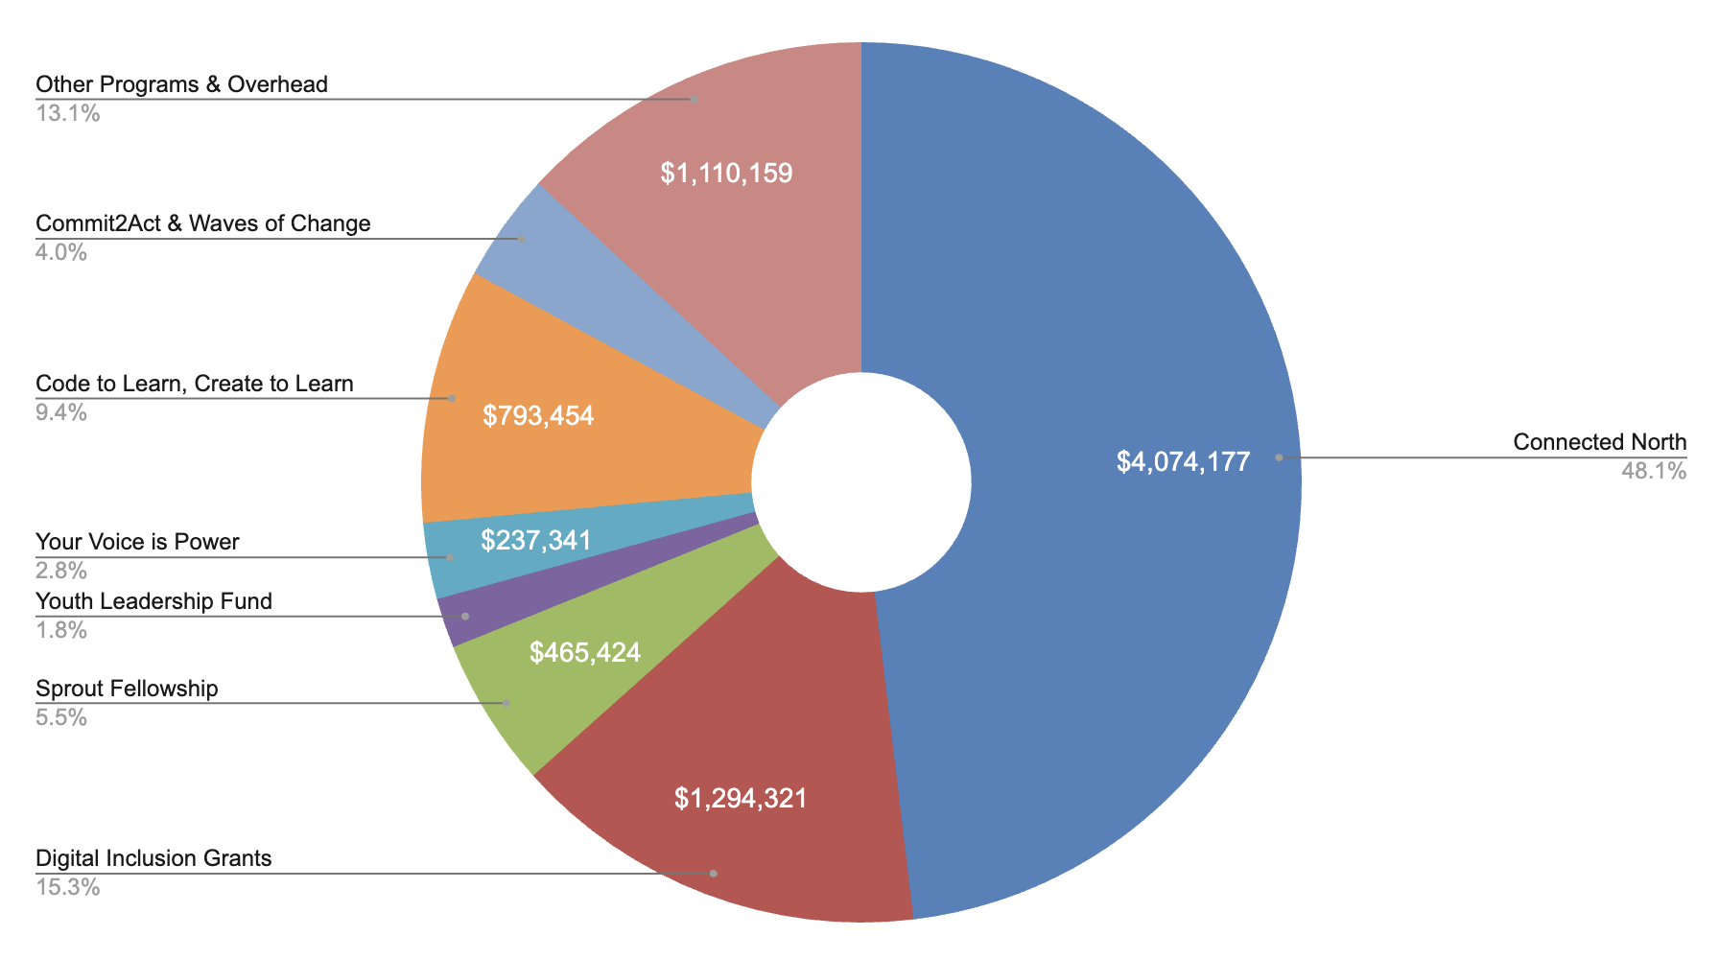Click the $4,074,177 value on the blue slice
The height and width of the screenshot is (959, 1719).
pyautogui.click(x=1183, y=462)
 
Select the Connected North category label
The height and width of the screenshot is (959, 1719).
pyautogui.click(x=1599, y=442)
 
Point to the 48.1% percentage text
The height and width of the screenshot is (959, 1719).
pyautogui.click(x=1653, y=471)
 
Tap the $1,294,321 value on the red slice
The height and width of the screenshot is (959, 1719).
pyautogui.click(x=741, y=798)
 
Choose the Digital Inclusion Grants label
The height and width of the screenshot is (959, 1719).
pyautogui.click(x=153, y=857)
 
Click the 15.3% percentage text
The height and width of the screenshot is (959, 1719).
pyautogui.click(x=67, y=887)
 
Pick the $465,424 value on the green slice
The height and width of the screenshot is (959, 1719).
pyautogui.click(x=585, y=653)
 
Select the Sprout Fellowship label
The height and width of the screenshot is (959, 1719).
pyautogui.click(x=127, y=689)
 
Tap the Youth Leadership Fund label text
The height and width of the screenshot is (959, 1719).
pyautogui.click(x=153, y=601)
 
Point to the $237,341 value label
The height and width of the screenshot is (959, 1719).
pyautogui.click(x=536, y=540)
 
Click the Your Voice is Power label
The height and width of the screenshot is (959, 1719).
pyautogui.click(x=137, y=542)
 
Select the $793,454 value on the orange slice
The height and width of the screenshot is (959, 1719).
pyautogui.click(x=538, y=415)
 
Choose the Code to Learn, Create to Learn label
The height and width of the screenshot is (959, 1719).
pyautogui.click(x=195, y=384)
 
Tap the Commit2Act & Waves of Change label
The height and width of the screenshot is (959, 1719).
pyautogui.click(x=202, y=223)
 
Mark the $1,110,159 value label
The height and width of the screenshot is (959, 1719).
pyautogui.click(x=726, y=174)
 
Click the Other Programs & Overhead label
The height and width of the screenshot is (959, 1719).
pyautogui.click(x=181, y=84)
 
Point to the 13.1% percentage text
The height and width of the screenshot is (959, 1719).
pyautogui.click(x=67, y=114)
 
